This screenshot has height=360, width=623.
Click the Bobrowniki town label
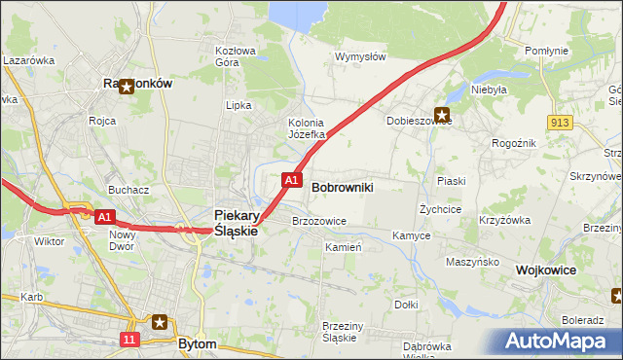pyautogui.click(x=342, y=185)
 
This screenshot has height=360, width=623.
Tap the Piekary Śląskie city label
pyautogui.click(x=236, y=223)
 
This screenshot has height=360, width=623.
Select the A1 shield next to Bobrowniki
pyautogui.click(x=291, y=180)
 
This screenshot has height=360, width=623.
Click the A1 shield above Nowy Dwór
pyautogui.click(x=106, y=216)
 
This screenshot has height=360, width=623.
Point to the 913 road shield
pyautogui.click(x=559, y=122)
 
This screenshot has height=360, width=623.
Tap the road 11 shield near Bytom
pyautogui.click(x=130, y=339)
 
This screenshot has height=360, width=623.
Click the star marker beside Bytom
pyautogui.click(x=161, y=322)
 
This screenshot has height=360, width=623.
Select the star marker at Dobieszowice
pyautogui.click(x=442, y=115)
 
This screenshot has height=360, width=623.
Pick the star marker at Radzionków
pyautogui.click(x=125, y=85)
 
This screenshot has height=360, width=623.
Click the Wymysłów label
pyautogui.click(x=361, y=56)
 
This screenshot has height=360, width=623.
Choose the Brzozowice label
pyautogui.click(x=319, y=221)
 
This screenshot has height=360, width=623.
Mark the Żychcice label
pyautogui.click(x=440, y=209)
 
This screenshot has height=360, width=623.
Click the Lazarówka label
pyautogui.click(x=27, y=59)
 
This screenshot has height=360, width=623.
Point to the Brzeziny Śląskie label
pyautogui.click(x=340, y=332)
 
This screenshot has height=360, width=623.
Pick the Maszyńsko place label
pyautogui.click(x=472, y=263)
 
